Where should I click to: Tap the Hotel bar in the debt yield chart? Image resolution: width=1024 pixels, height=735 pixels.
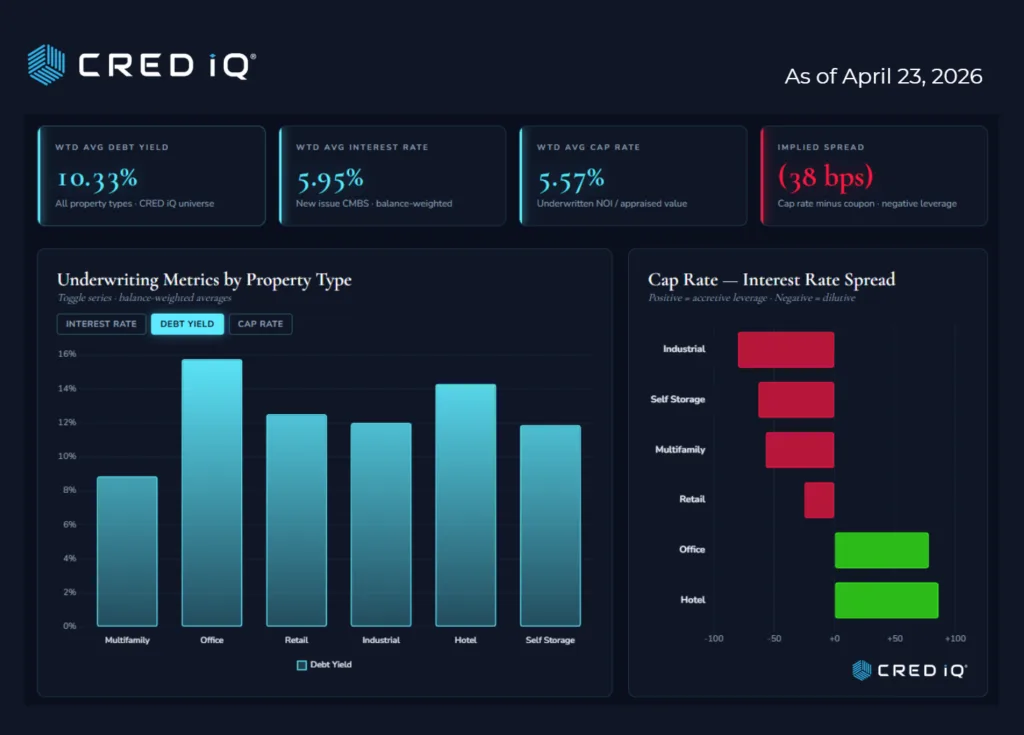465,505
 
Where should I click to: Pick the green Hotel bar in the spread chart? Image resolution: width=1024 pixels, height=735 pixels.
886,600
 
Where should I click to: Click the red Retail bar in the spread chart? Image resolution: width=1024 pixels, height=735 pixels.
819,500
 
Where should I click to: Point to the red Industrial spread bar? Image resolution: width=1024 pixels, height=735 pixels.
786,350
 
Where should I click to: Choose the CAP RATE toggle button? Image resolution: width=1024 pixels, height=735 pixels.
260,324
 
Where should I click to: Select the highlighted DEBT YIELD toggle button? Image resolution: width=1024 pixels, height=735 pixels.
187,324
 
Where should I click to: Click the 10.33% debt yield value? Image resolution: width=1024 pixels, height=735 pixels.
97,179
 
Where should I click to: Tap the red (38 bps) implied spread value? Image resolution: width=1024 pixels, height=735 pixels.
826,177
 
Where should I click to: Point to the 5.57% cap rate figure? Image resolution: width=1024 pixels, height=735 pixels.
571,179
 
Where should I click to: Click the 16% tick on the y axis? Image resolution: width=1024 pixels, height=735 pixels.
67,354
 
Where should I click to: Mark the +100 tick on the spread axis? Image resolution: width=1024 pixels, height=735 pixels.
955,638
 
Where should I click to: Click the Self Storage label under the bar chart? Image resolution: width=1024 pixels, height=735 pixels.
550,640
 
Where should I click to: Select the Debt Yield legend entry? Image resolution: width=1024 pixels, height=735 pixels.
324,664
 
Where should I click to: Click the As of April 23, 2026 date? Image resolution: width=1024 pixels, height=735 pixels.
883,76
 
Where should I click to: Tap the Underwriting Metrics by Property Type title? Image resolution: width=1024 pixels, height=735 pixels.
204,280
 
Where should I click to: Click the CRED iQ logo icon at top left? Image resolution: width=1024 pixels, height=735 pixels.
46,65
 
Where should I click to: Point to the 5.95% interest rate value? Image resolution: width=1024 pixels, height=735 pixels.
330,179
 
